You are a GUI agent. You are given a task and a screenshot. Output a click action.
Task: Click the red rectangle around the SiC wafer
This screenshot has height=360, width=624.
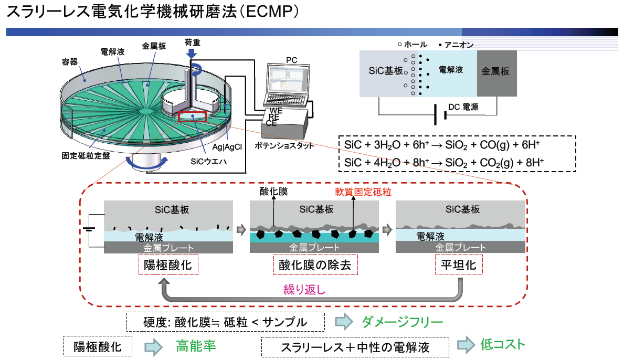tap(193, 117)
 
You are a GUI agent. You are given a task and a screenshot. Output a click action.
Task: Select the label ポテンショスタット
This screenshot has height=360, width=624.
tap(283, 145)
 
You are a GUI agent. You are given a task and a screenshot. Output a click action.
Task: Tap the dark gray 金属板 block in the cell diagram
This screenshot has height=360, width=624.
tap(496, 73)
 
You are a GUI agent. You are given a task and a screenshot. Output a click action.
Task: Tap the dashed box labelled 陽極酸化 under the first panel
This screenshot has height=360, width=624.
tap(168, 265)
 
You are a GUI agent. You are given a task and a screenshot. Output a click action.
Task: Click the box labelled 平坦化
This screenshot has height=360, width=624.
tap(459, 265)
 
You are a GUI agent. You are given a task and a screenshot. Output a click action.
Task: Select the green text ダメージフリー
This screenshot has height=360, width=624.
tap(403, 321)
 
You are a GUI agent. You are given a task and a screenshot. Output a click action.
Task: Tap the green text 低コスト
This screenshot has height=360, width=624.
tap(502, 344)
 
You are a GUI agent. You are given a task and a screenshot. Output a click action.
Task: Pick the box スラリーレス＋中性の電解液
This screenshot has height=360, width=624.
tap(355, 347)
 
